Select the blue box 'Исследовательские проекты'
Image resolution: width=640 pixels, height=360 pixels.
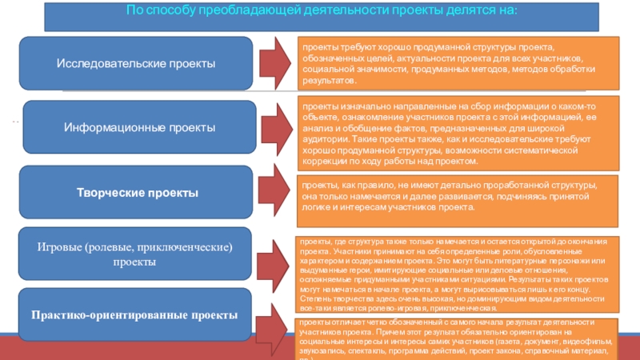click(135, 62)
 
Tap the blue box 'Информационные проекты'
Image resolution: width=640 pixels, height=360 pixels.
click(140, 127)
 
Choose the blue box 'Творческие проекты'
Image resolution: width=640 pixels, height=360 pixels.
click(137, 193)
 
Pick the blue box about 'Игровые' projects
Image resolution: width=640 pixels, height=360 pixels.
click(134, 255)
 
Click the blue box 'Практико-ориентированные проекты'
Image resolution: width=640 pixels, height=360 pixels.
click(134, 315)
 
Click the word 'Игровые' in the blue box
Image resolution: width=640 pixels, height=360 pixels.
click(61, 247)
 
